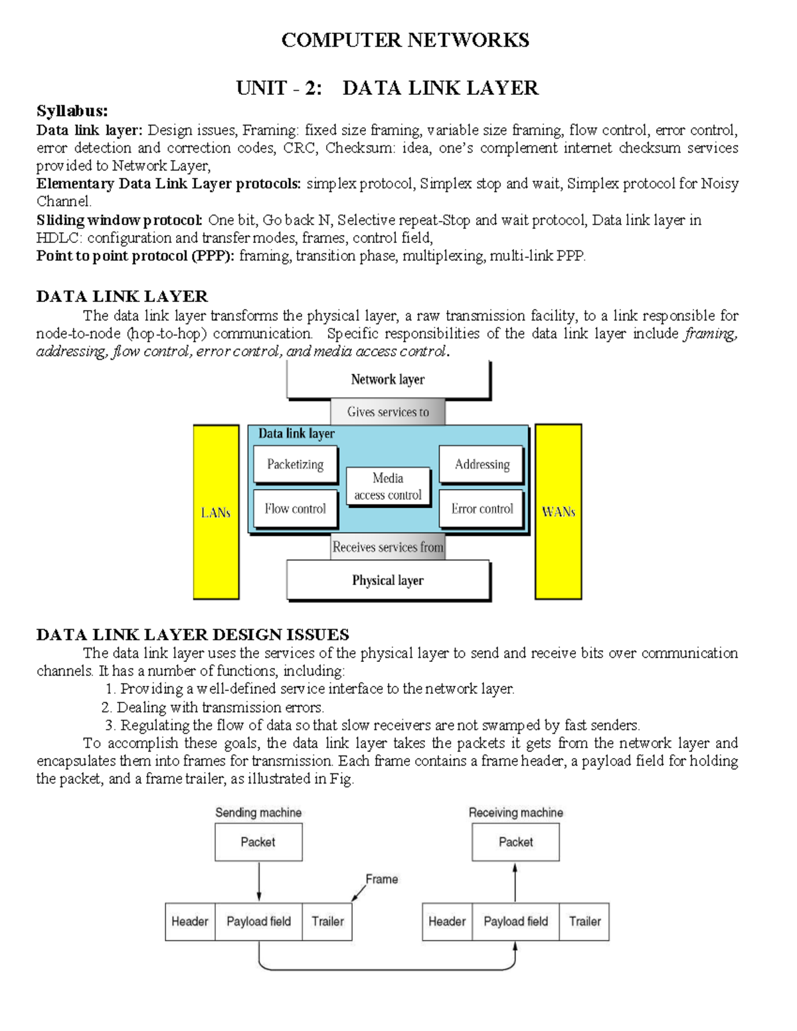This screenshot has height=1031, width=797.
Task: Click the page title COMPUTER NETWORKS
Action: pyautogui.click(x=405, y=40)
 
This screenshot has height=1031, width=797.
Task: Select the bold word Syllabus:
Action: pyautogui.click(x=72, y=111)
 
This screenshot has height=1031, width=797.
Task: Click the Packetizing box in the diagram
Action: pyautogui.click(x=296, y=464)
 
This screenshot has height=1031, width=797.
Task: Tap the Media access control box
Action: pyautogui.click(x=388, y=486)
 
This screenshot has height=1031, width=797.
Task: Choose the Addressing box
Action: pyautogui.click(x=482, y=464)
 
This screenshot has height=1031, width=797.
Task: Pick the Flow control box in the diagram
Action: pyautogui.click(x=296, y=509)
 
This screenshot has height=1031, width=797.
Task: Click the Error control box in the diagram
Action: pyautogui.click(x=482, y=509)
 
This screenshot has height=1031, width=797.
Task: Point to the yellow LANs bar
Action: pyautogui.click(x=216, y=512)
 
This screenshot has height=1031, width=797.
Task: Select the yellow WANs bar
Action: pyautogui.click(x=559, y=512)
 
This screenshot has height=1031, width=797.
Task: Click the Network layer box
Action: pyautogui.click(x=388, y=380)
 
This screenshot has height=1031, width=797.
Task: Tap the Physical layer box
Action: pyautogui.click(x=388, y=580)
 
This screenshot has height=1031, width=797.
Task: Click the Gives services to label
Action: pyautogui.click(x=388, y=412)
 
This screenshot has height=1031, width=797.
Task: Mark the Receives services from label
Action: pyautogui.click(x=388, y=547)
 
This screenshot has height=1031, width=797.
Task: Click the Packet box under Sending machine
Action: pyautogui.click(x=258, y=842)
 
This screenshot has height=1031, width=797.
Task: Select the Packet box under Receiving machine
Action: pyautogui.click(x=516, y=842)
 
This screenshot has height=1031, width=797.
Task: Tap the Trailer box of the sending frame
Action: pyautogui.click(x=327, y=921)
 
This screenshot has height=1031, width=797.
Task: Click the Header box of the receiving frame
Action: pyautogui.click(x=447, y=921)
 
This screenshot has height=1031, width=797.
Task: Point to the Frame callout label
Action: pyautogui.click(x=382, y=879)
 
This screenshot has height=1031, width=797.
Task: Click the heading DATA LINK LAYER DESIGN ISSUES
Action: pyautogui.click(x=193, y=635)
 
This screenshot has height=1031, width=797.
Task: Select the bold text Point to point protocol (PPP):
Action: pyautogui.click(x=135, y=256)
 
